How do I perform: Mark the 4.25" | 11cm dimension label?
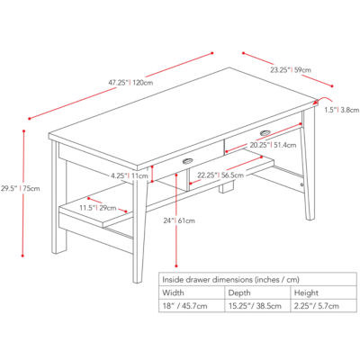[x=130, y=176]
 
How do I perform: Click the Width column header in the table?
[x=173, y=292]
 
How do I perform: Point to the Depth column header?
[x=241, y=292]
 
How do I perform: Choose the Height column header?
[x=307, y=292]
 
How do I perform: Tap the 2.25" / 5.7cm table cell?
[x=318, y=307]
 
